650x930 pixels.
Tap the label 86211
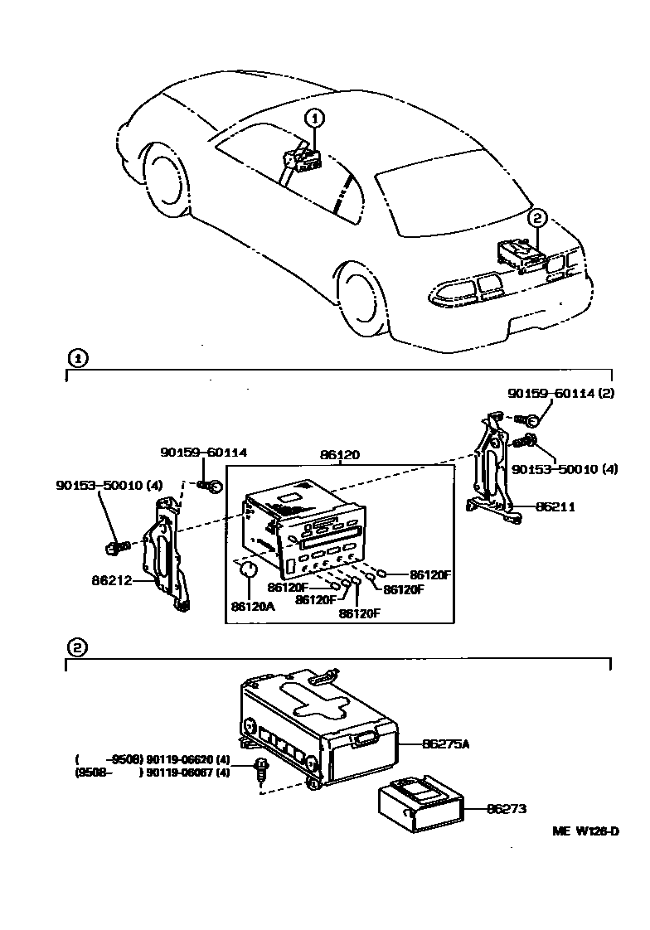click(555, 506)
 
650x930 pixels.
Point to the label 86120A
click(252, 607)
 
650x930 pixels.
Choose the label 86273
click(507, 808)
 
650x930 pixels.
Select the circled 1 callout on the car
click(314, 118)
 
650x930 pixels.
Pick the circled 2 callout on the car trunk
click(537, 218)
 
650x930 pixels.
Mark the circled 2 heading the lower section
click(75, 647)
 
